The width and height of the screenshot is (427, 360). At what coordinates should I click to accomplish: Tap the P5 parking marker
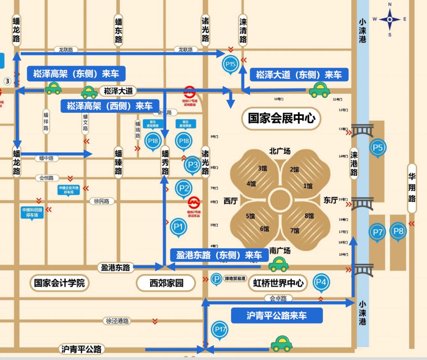378,148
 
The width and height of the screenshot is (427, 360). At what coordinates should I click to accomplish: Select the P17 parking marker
220,329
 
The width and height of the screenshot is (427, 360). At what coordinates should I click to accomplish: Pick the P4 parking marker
321,282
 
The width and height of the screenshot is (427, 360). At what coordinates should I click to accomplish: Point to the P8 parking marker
398,231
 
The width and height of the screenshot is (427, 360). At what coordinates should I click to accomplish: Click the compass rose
389,19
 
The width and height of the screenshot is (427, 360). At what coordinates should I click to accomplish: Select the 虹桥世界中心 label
278,283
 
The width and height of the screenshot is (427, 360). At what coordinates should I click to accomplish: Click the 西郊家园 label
166,283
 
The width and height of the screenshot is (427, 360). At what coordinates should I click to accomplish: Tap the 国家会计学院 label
59,283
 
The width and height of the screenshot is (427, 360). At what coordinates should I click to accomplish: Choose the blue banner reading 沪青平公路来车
277,315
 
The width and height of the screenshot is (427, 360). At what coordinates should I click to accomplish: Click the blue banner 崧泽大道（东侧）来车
299,74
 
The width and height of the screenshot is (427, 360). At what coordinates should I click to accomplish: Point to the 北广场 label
280,151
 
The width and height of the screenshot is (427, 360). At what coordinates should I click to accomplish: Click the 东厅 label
331,200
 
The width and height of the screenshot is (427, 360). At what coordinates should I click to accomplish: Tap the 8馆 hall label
309,216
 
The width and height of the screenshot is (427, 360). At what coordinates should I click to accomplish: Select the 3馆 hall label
262,169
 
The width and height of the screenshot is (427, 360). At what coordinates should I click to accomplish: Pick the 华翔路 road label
412,188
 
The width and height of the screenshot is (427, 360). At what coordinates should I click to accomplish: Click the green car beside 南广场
278,264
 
